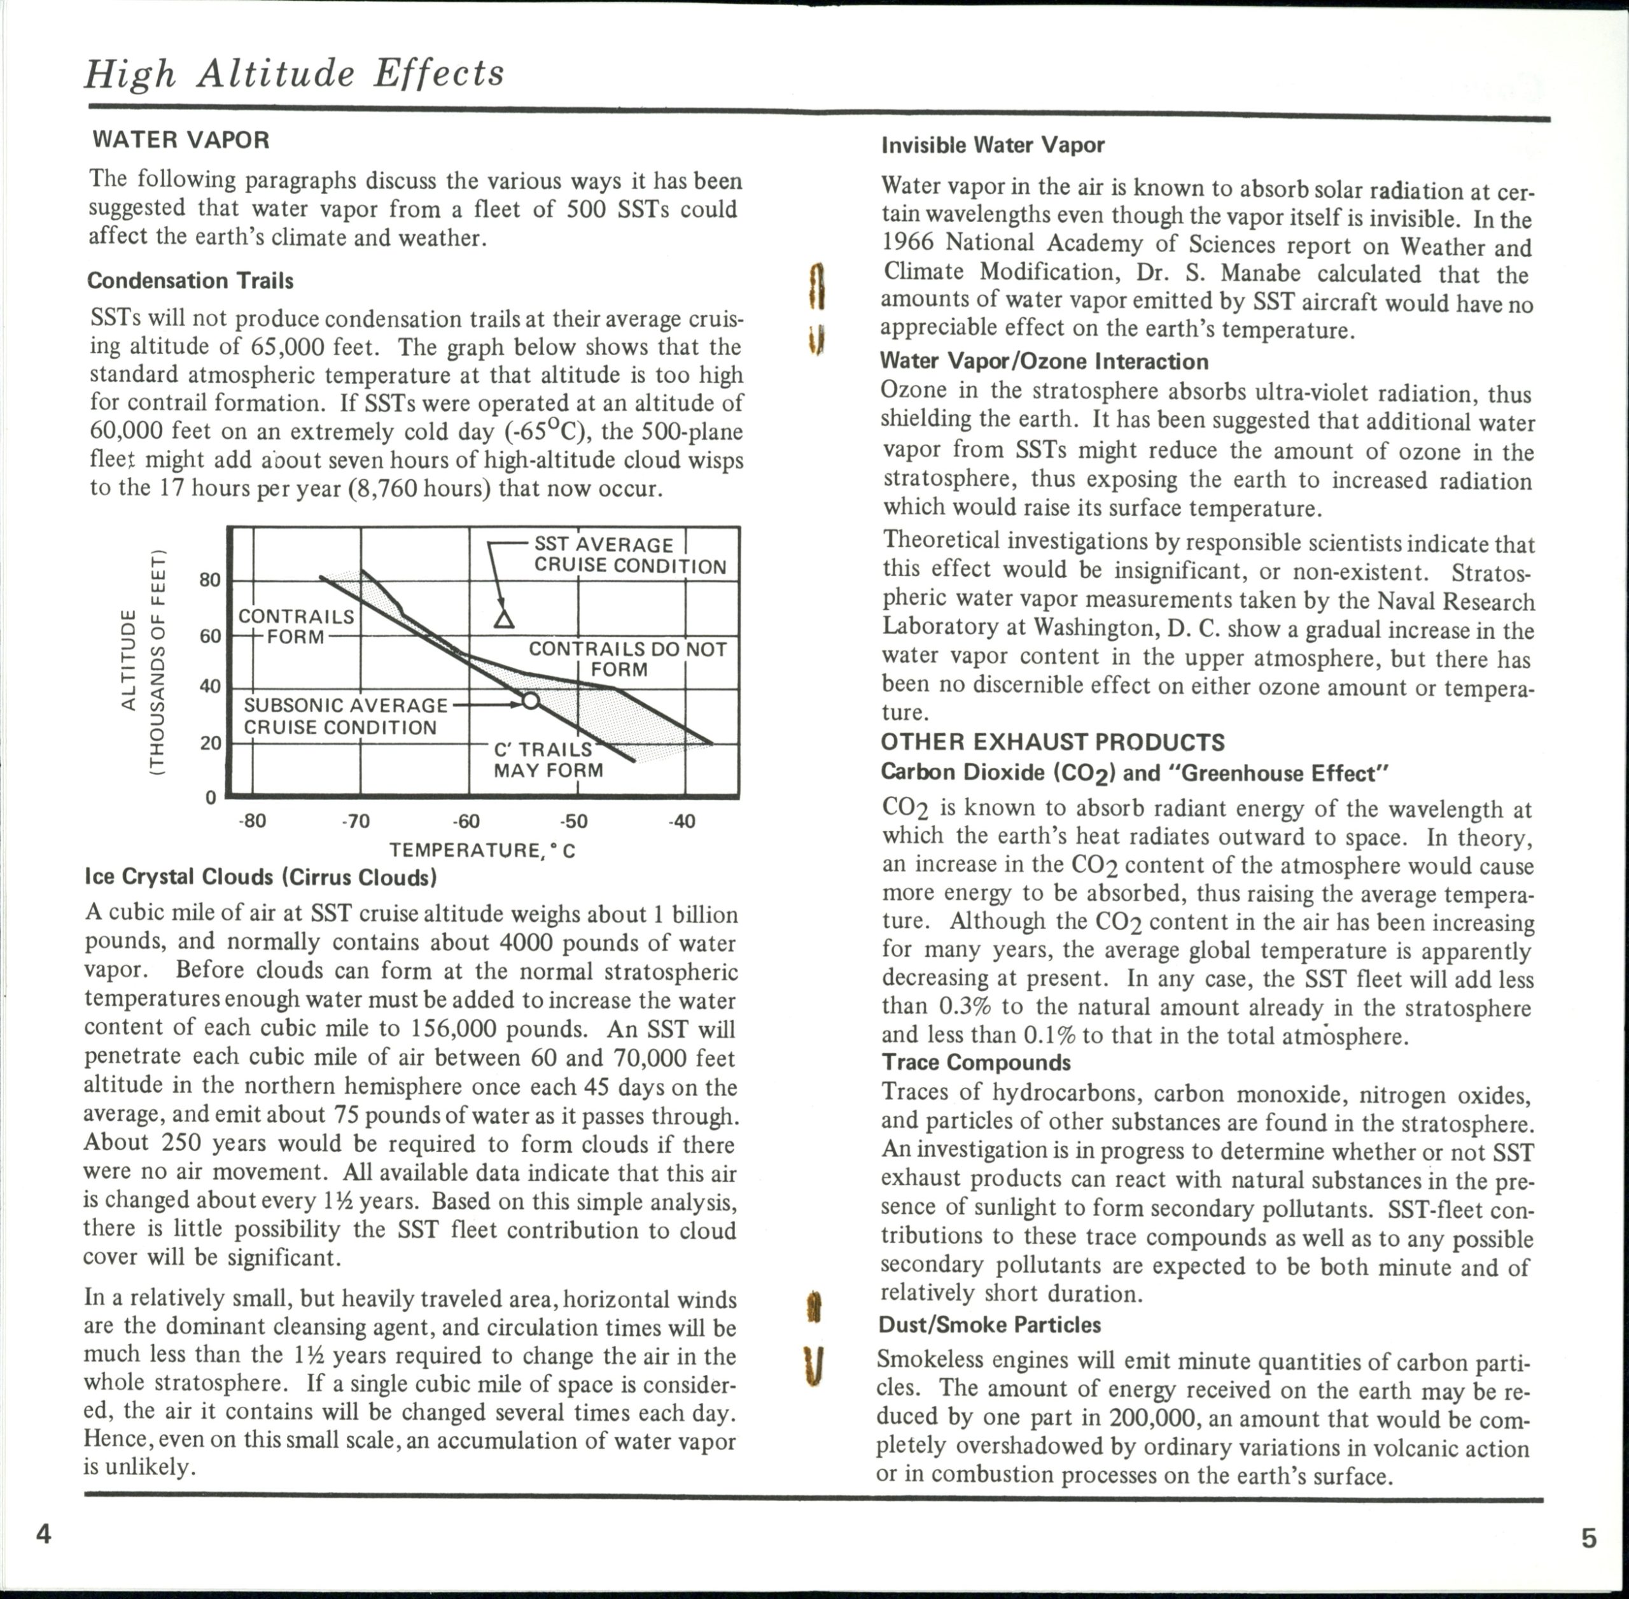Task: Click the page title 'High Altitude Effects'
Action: (x=294, y=73)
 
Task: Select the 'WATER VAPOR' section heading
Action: (x=181, y=140)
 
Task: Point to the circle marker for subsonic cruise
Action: (x=531, y=700)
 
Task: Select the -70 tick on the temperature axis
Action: (x=356, y=821)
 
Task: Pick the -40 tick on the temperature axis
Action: (x=682, y=821)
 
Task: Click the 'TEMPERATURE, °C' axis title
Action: (x=482, y=850)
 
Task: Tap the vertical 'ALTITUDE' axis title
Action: (x=129, y=660)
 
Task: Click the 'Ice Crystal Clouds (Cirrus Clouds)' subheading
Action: (x=261, y=878)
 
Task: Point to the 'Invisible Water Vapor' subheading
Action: (x=993, y=145)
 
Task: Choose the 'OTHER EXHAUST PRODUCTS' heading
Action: (x=1052, y=742)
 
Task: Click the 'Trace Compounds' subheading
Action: (x=975, y=1062)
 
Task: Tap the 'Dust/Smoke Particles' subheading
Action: (x=989, y=1325)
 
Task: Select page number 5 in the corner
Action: (x=1589, y=1538)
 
